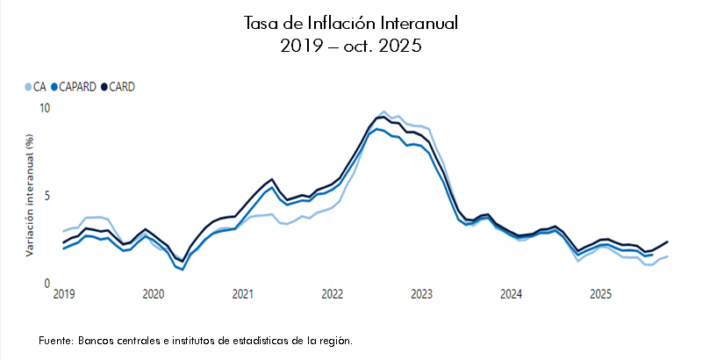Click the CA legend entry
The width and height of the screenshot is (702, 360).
point(35,87)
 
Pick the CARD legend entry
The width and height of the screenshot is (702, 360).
point(118,87)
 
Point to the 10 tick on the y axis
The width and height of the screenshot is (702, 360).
point(45,107)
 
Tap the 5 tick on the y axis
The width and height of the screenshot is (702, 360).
point(47,195)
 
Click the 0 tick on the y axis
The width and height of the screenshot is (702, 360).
point(47,284)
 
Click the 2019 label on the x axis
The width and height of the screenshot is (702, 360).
point(63,293)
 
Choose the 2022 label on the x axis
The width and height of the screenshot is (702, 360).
point(332,293)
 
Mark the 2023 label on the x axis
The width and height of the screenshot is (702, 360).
point(421,293)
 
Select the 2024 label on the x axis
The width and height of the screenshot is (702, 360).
point(511,293)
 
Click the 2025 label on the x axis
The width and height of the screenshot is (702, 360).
point(600,293)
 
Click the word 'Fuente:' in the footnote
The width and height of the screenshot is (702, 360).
point(56,340)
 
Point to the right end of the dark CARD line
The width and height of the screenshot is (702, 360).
point(668,241)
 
